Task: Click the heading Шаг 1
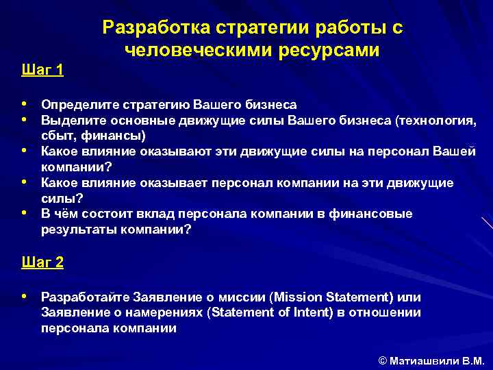tap(42, 70)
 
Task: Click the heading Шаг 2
tap(42, 262)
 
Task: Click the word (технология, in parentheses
tap(435, 121)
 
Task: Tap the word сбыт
tap(59, 135)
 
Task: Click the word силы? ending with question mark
tap(62, 198)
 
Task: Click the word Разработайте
tap(85, 297)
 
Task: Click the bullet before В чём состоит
tap(25, 213)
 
